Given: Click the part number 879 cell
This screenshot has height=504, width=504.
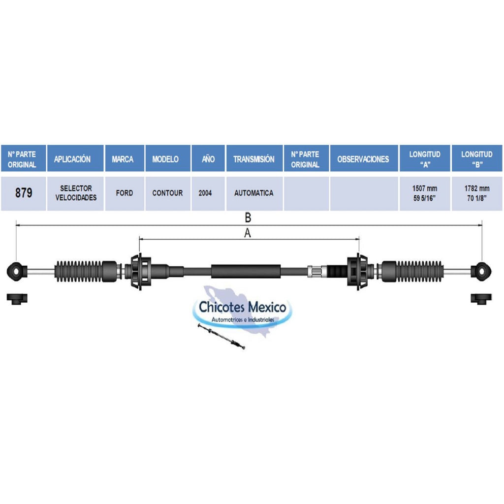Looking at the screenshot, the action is (x=24, y=193).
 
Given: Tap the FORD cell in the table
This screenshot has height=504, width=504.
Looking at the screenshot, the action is (x=125, y=193).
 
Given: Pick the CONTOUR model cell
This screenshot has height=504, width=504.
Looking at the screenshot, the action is (x=167, y=193).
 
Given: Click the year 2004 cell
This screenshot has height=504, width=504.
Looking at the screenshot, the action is (x=205, y=193).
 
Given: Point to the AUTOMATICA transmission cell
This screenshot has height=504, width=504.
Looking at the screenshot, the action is (x=254, y=193).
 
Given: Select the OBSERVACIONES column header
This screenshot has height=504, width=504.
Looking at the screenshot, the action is (x=363, y=159).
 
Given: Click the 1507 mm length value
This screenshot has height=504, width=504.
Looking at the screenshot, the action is (x=425, y=189).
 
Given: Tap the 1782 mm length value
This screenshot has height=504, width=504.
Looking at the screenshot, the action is (x=477, y=189).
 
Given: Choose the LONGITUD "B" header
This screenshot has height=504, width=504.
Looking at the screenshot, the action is (x=477, y=159).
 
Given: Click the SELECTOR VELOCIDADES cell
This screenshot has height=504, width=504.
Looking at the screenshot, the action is (x=76, y=193).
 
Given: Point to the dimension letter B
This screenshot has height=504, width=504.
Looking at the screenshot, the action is (x=248, y=218).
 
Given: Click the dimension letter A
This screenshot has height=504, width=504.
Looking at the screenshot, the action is (x=247, y=233).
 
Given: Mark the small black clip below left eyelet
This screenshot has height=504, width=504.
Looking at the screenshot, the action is (x=17, y=299).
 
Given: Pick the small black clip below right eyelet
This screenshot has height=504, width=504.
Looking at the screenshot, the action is (x=481, y=299).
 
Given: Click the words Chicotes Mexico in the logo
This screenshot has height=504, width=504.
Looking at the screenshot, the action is (x=242, y=307).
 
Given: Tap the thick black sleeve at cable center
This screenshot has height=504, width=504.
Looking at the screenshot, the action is (x=246, y=272).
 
